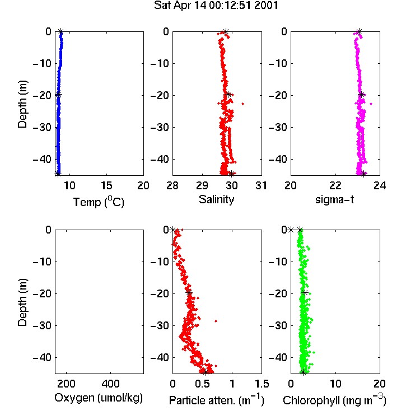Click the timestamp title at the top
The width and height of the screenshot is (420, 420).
(216, 6)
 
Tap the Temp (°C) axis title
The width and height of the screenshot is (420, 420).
(99, 202)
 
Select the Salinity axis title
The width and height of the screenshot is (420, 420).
(216, 199)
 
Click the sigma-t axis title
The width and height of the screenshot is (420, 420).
(334, 199)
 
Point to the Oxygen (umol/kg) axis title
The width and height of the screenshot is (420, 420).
(99, 398)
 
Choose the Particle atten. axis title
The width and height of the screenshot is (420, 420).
(217, 400)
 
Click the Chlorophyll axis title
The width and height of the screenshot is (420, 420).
(334, 400)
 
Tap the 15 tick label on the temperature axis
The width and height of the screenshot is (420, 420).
(106, 185)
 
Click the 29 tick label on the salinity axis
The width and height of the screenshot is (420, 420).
(202, 185)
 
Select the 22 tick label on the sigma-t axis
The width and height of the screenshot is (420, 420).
(335, 185)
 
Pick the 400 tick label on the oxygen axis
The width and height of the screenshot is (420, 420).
(111, 384)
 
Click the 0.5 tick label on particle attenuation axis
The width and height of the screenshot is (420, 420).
(202, 384)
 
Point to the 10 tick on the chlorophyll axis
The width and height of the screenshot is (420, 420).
(335, 384)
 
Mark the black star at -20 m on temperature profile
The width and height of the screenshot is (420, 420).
(58, 94)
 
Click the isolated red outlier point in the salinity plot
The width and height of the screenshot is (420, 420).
(242, 104)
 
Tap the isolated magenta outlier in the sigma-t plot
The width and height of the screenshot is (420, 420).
(371, 104)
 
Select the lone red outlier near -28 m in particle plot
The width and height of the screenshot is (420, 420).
(216, 321)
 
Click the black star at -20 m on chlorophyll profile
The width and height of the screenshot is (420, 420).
(305, 293)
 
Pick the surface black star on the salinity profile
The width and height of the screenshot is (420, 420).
(226, 31)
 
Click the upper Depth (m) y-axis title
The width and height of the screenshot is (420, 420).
(22, 104)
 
